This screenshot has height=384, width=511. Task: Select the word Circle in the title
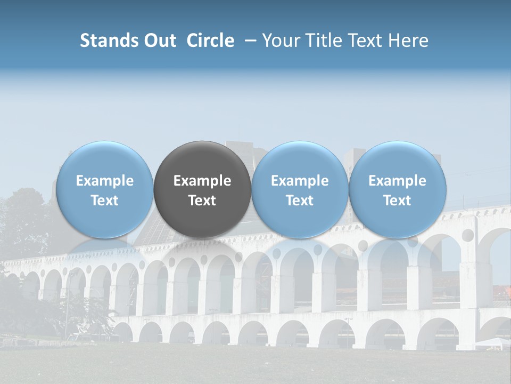click(210, 41)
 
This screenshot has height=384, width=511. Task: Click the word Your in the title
click(279, 41)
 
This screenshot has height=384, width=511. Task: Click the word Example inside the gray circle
click(202, 181)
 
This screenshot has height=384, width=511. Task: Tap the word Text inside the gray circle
click(202, 201)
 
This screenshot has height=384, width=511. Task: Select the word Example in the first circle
click(104, 181)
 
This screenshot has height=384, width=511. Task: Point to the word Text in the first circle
click(104, 201)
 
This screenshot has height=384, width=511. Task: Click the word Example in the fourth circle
click(397, 181)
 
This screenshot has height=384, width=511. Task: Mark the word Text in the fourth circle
click(397, 201)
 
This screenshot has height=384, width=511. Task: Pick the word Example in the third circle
click(300, 181)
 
